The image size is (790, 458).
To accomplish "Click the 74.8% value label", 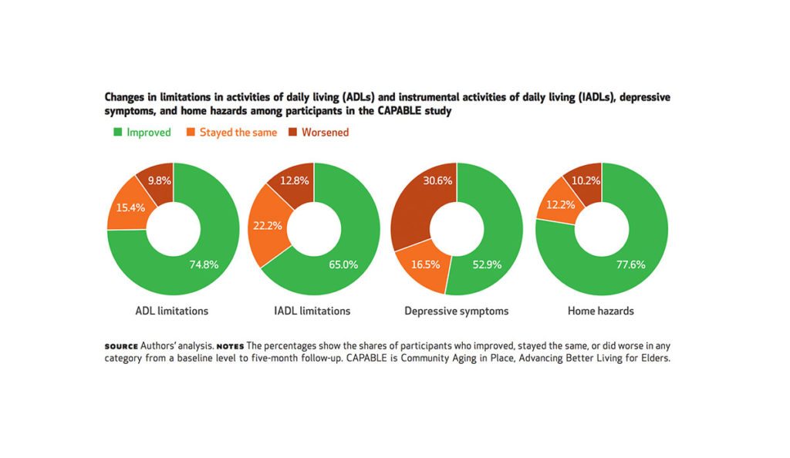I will click(204, 264).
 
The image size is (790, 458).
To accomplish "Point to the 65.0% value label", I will click(343, 264).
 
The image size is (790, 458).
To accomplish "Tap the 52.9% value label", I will click(487, 264).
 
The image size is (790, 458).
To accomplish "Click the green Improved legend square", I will click(117, 132).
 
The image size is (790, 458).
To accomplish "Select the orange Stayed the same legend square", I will click(191, 132).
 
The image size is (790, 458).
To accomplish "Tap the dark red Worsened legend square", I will click(292, 132).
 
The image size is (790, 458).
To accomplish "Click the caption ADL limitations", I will click(171, 312).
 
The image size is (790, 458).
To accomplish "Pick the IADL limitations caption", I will click(313, 312).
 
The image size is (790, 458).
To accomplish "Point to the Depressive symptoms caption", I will click(456, 312).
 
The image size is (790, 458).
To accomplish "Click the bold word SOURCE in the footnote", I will click(121, 346).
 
